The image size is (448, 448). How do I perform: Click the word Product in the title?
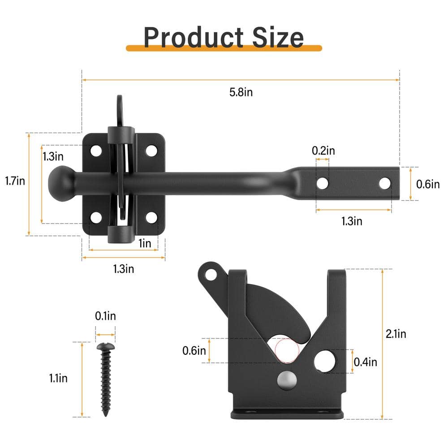pos(194,38)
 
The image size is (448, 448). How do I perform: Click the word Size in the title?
pos(278,38)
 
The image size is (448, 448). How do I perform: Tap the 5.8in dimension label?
pos(241,92)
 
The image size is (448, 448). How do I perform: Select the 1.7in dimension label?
pos(15,181)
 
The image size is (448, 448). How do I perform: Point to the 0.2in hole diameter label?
pos(323,151)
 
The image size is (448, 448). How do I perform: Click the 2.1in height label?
pos(396,334)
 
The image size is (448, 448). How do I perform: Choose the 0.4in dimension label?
pos(365,362)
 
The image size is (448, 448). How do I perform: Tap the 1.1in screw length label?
pos(58,378)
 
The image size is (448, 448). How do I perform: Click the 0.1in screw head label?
pos(105,316)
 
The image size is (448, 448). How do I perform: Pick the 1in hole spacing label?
pos(145,243)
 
